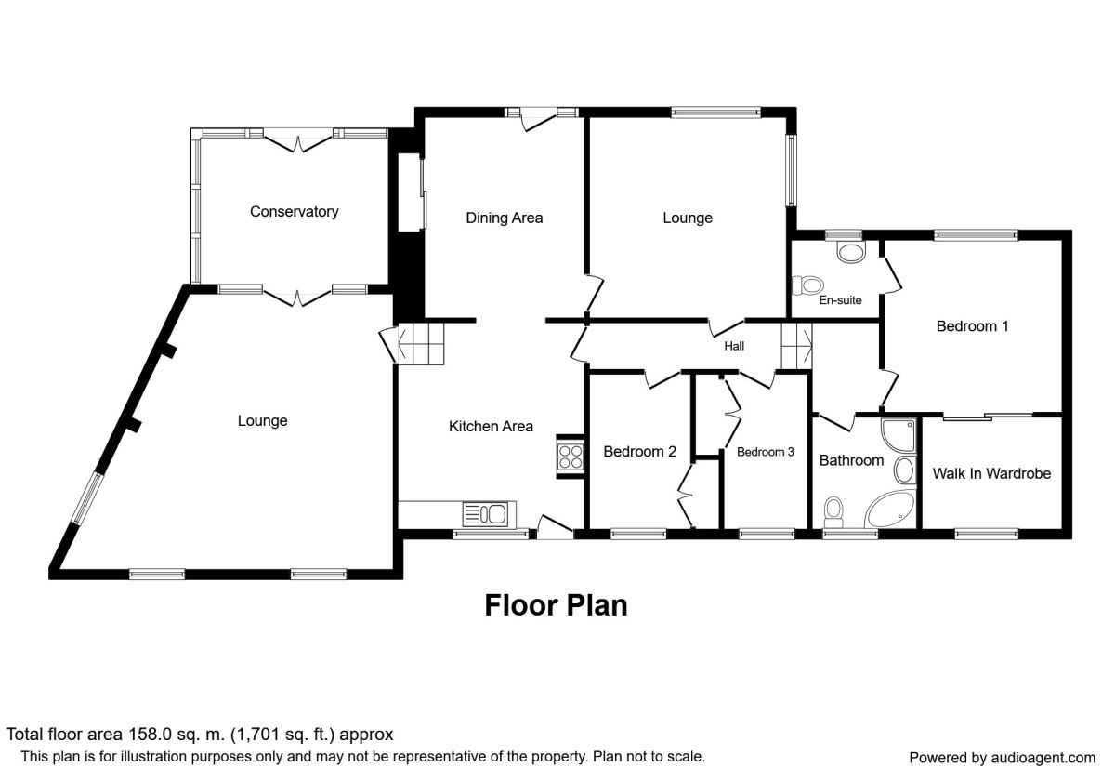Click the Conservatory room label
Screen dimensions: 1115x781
pyautogui.click(x=295, y=212)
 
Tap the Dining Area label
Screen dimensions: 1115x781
pyautogui.click(x=505, y=218)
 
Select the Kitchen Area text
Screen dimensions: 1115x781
pyautogui.click(x=491, y=427)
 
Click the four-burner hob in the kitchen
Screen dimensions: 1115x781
pyautogui.click(x=571, y=457)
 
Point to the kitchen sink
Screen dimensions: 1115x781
pyautogui.click(x=485, y=513)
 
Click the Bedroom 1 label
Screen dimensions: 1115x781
pyautogui.click(x=972, y=326)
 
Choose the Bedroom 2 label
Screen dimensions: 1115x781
pyautogui.click(x=639, y=452)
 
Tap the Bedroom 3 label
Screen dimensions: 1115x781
pyautogui.click(x=765, y=452)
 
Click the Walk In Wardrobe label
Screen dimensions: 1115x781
pyautogui.click(x=991, y=473)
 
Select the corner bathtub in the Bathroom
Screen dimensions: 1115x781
pyautogui.click(x=890, y=510)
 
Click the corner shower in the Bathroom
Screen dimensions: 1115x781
pyautogui.click(x=899, y=435)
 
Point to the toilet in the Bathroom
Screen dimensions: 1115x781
pyautogui.click(x=833, y=512)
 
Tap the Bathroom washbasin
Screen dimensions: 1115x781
pyautogui.click(x=905, y=470)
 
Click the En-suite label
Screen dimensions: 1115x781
pyautogui.click(x=840, y=300)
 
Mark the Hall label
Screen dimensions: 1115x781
pyautogui.click(x=734, y=346)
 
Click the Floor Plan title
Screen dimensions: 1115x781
pyautogui.click(x=556, y=605)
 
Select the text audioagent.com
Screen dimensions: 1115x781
pyautogui.click(x=1043, y=758)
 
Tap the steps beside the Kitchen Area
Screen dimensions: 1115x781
pyautogui.click(x=421, y=344)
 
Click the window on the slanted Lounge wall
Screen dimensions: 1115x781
pyautogui.click(x=87, y=499)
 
